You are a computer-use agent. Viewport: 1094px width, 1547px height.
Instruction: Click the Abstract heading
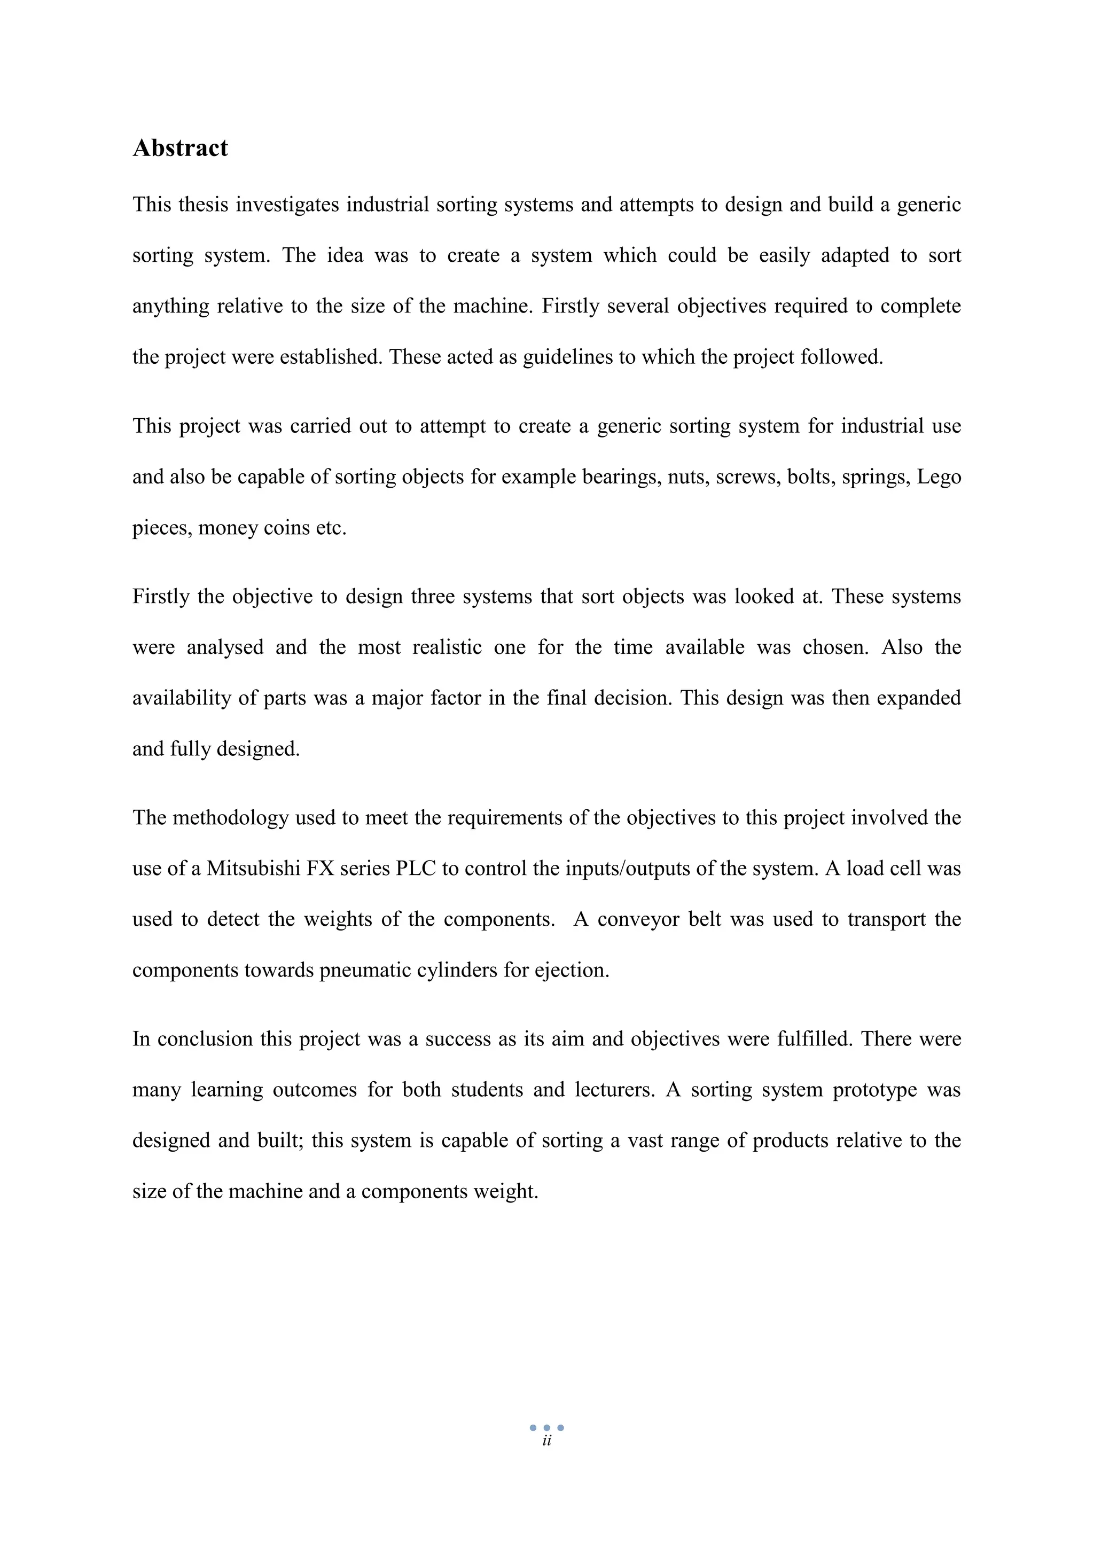180,148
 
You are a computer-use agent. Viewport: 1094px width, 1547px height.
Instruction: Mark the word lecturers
614,1090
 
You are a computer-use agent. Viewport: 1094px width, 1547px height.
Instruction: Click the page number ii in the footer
546,1441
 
